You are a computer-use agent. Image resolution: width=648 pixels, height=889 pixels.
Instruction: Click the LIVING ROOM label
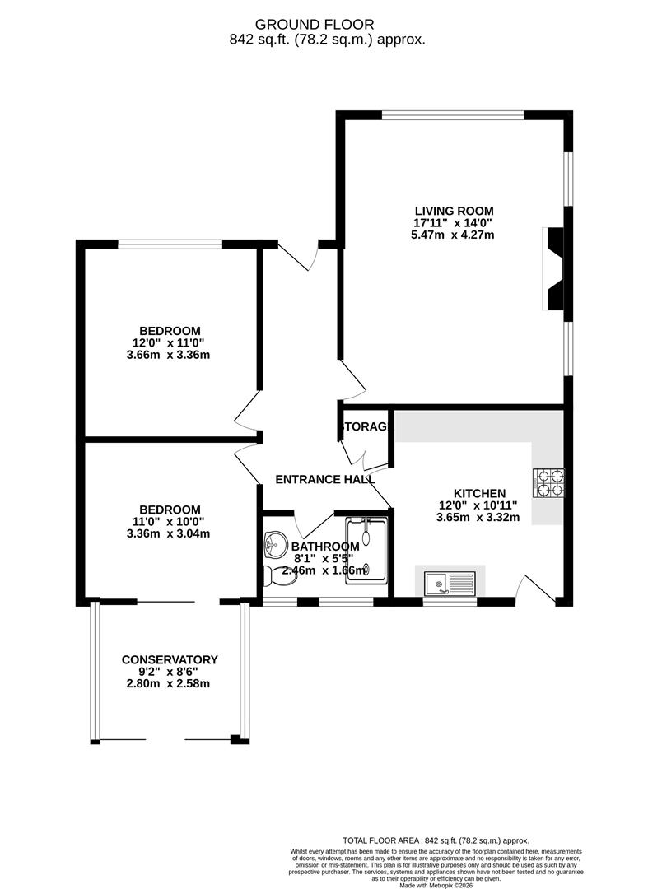(x=454, y=210)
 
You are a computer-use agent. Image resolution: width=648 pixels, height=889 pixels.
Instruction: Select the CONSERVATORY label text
(x=170, y=659)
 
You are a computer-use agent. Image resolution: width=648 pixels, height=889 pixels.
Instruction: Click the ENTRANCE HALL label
(x=324, y=479)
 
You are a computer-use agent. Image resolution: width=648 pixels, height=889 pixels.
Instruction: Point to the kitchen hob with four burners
(x=549, y=483)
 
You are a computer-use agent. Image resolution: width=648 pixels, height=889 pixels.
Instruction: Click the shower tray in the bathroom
(x=366, y=550)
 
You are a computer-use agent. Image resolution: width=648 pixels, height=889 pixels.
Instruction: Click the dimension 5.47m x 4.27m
(x=454, y=235)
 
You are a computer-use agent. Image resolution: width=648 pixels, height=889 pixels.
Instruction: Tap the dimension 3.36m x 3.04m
(x=170, y=533)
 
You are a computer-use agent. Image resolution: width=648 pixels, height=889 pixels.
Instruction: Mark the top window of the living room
(x=454, y=115)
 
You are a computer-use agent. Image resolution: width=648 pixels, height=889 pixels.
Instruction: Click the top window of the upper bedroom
(x=170, y=244)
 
